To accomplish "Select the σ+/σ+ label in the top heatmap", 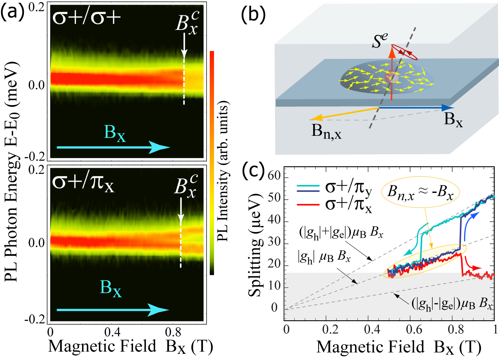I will (87, 17).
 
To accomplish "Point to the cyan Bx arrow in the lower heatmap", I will (113, 310).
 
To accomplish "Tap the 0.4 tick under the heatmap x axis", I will (112, 332).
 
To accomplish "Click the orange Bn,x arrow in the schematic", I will (344, 113).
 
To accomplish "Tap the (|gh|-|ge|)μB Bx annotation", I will (452, 304).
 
